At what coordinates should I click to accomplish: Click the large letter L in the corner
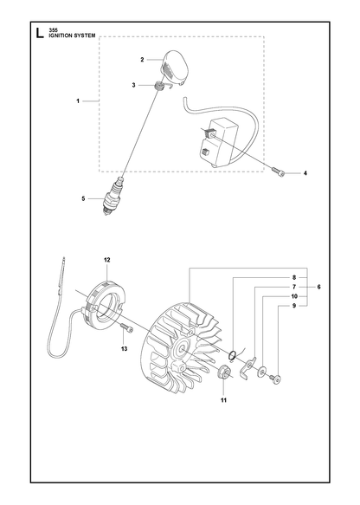coord(39,33)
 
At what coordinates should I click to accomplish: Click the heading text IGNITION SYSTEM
coord(72,36)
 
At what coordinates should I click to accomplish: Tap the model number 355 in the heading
coord(54,30)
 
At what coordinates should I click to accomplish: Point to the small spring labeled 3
coord(158,87)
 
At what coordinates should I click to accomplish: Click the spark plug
coord(113,196)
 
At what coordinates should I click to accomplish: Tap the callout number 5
coord(83,198)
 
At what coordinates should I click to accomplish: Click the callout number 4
coord(305,173)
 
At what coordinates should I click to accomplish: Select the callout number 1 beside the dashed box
coord(78,101)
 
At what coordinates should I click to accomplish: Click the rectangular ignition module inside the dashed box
coord(216,141)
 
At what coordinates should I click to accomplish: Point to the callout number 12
coord(107,260)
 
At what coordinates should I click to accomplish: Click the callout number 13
coord(124,349)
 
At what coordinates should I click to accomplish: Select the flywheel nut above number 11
coord(223,372)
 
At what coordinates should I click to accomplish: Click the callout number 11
coord(223,400)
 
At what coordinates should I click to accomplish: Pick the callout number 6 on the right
coord(318,287)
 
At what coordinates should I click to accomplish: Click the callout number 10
coord(294,296)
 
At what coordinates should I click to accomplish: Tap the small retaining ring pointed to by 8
coord(232,355)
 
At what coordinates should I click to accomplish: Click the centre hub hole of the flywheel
coord(183,347)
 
